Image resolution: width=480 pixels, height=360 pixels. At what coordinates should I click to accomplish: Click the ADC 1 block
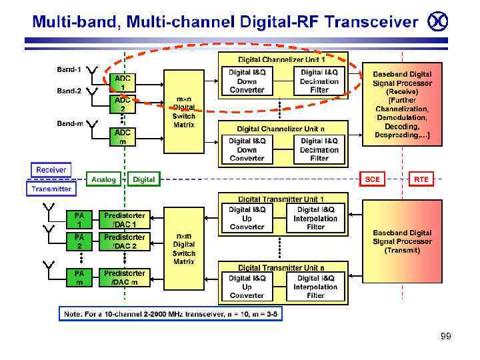[x=123, y=83]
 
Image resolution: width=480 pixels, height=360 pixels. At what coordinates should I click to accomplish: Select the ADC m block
[x=123, y=137]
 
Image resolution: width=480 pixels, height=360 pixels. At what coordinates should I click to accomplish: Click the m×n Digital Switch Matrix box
[x=184, y=112]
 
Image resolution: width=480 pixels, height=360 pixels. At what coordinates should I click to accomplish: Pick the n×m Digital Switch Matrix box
[x=184, y=249]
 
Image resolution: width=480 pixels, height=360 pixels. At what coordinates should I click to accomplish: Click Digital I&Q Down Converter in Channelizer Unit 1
[x=247, y=81]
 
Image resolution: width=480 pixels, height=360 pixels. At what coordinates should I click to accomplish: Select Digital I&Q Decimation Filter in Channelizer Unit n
[x=319, y=150]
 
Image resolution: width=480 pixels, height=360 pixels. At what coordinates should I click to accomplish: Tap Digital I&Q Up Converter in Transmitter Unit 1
[x=247, y=218]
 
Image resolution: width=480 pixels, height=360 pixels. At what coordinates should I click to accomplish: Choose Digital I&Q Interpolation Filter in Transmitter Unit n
[x=315, y=287]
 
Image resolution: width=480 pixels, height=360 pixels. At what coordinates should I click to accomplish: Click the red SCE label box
[x=372, y=179]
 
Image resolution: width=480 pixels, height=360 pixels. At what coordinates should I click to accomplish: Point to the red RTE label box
[x=421, y=179]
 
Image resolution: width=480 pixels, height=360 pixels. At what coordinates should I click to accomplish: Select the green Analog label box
[x=103, y=179]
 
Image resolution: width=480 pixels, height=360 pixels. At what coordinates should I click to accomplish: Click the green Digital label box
[x=144, y=179]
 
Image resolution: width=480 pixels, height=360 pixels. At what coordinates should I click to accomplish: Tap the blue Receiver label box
[x=51, y=169]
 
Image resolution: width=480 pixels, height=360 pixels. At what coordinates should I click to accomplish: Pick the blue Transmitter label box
[x=51, y=189]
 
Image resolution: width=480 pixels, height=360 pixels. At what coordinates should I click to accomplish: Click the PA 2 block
[x=79, y=241]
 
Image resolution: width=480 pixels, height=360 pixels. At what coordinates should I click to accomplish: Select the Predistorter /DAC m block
[x=124, y=277]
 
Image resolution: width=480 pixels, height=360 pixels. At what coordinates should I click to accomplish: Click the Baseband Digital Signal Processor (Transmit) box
[x=402, y=241]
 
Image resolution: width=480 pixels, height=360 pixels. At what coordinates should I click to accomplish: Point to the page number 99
[x=446, y=336]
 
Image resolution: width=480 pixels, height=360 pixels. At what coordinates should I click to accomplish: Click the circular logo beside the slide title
[x=438, y=21]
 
